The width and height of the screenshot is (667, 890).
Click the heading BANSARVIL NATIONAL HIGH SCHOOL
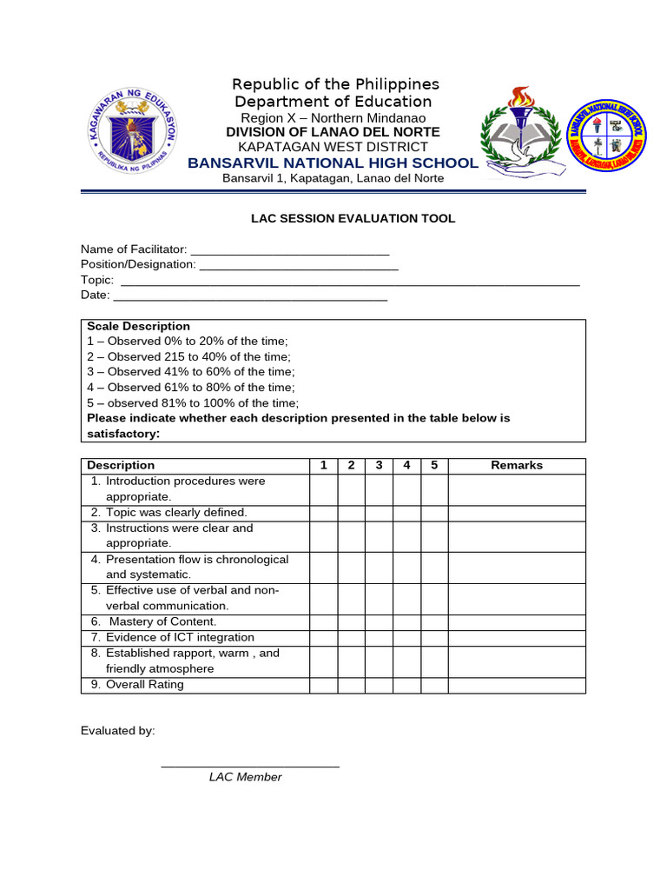(x=333, y=163)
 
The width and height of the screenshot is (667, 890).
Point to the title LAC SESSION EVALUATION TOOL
(x=353, y=219)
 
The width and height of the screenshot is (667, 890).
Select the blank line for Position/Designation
(x=299, y=265)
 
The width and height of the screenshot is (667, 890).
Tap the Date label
(x=95, y=296)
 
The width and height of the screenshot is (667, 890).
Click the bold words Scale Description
(x=138, y=327)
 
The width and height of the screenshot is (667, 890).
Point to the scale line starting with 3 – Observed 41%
(x=191, y=372)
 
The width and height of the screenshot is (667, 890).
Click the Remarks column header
(x=517, y=466)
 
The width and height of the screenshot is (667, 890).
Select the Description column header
(x=121, y=466)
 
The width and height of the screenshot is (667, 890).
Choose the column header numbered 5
(x=434, y=466)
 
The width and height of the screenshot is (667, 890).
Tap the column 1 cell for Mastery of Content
(x=323, y=622)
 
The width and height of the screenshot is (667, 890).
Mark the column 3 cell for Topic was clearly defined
(x=379, y=513)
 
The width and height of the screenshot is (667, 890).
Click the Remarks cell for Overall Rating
(x=517, y=685)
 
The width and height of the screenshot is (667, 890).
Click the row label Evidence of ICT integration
(x=180, y=638)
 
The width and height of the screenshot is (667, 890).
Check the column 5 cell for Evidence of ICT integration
(x=434, y=638)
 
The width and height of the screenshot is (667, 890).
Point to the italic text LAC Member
(x=245, y=777)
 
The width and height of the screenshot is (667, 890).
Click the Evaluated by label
(x=118, y=731)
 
